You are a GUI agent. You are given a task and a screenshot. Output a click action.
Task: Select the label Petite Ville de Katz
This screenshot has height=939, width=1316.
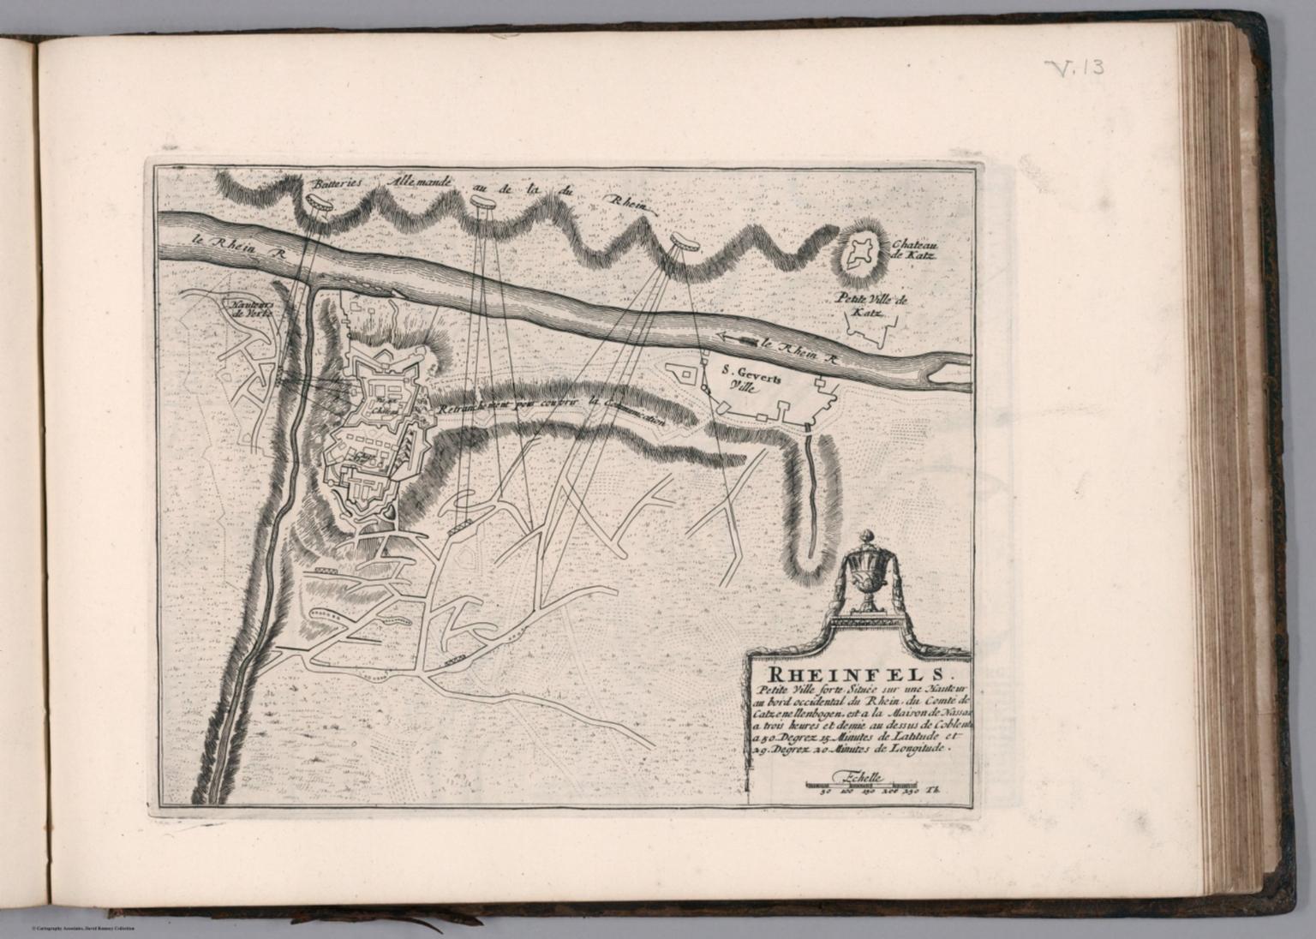(x=865, y=307)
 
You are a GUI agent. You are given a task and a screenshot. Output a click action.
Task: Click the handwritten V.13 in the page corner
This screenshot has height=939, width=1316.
(x=1074, y=68)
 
